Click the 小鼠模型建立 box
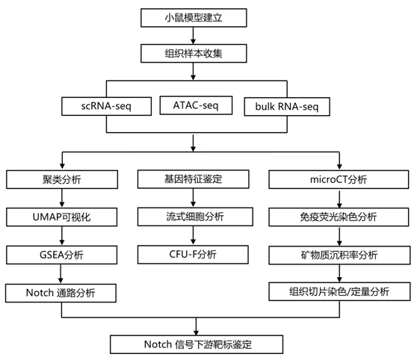pyautogui.click(x=194, y=18)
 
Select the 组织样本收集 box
pyautogui.click(x=194, y=54)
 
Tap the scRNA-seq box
pyautogui.click(x=106, y=106)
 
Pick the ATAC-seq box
pyautogui.click(x=196, y=105)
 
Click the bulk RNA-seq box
pyautogui.click(x=287, y=107)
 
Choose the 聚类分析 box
pyautogui.click(x=62, y=179)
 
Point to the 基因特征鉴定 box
pyautogui.click(x=194, y=179)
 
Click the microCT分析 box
pyautogui.click(x=339, y=179)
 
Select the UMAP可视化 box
pyautogui.click(x=62, y=217)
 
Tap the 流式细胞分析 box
pyautogui.click(x=195, y=217)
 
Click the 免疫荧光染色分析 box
pyautogui.click(x=339, y=217)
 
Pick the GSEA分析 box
pyautogui.click(x=62, y=255)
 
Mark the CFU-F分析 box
pyautogui.click(x=193, y=255)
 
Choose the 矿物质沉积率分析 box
pyautogui.click(x=339, y=255)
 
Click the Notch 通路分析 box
pyautogui.click(x=61, y=293)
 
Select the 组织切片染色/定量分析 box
pyautogui.click(x=339, y=292)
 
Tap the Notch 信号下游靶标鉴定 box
pyautogui.click(x=197, y=344)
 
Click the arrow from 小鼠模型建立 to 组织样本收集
pyautogui.click(x=194, y=36)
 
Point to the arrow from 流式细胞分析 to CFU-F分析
pyautogui.click(x=194, y=235)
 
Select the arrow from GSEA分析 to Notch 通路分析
pyautogui.click(x=61, y=274)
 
